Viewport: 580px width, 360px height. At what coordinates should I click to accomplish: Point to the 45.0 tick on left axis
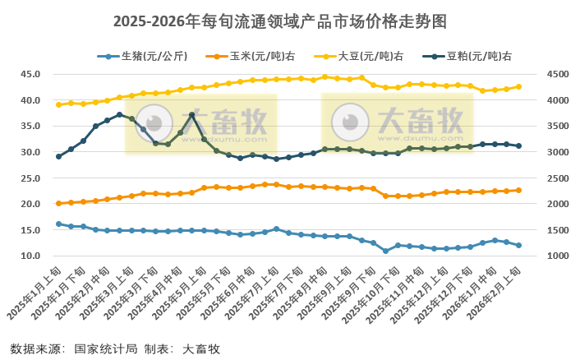click(x=30, y=74)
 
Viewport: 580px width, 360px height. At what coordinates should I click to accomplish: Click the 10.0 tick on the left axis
click(x=30, y=256)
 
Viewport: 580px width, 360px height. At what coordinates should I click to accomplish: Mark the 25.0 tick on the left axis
click(x=30, y=178)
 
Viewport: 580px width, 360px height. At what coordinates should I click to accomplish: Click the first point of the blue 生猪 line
click(x=58, y=224)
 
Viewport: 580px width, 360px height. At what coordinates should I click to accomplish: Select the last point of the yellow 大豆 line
click(x=518, y=86)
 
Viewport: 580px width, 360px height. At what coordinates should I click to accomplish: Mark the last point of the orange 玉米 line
click(x=518, y=190)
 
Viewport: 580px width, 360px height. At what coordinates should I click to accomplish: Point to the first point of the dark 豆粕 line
click(x=58, y=156)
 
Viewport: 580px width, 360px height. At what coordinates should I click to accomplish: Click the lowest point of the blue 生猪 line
click(x=385, y=251)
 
